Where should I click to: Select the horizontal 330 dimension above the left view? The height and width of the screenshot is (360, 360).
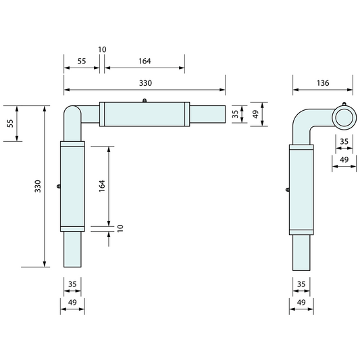click(145, 83)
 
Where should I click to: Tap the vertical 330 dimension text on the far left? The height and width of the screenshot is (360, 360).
click(38, 186)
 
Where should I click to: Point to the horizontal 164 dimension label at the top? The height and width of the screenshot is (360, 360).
click(144, 61)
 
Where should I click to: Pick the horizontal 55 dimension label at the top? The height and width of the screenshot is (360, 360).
click(82, 61)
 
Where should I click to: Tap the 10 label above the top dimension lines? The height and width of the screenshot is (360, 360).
click(102, 50)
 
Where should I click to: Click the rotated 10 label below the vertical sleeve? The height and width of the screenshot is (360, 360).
click(120, 230)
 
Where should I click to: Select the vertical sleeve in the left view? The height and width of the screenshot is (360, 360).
click(72, 186)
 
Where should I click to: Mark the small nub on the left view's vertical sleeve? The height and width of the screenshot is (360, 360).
click(60, 186)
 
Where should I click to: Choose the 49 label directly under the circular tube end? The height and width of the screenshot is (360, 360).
click(344, 160)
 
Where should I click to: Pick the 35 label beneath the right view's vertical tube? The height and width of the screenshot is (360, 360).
click(301, 284)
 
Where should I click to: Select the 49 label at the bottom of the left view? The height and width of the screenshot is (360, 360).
click(72, 303)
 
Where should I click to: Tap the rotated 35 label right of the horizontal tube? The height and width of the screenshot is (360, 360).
click(236, 114)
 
